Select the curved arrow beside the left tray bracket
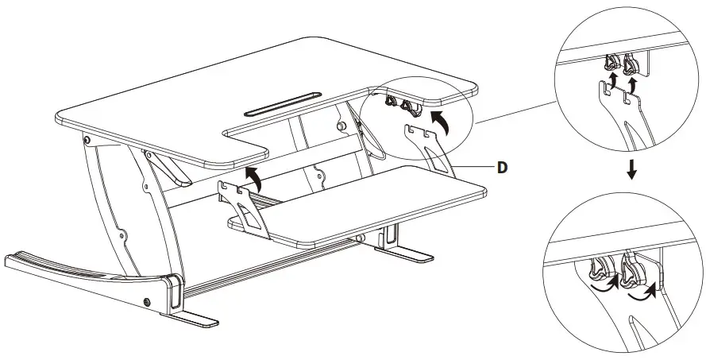click(x=253, y=176)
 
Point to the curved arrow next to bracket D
click(x=439, y=122)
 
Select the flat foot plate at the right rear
click(x=411, y=256)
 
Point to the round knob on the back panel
click(x=341, y=126)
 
